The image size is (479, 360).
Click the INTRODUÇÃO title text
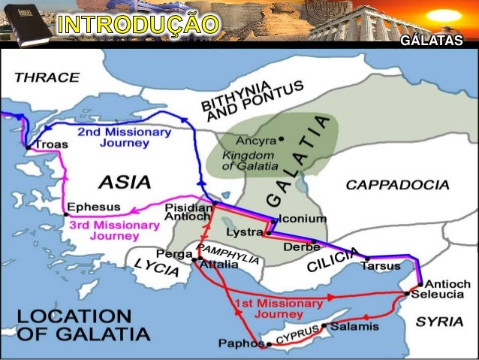coord(139,24)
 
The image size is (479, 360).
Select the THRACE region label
coord(47,77)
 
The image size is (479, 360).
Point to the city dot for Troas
coord(28,148)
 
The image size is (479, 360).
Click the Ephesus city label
coord(94,206)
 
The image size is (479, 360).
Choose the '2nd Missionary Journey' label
coord(124,138)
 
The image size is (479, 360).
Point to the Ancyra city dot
coord(281,138)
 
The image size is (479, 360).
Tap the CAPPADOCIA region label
coord(397,185)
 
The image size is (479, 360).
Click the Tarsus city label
coord(380,266)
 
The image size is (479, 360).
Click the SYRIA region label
coord(440,321)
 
